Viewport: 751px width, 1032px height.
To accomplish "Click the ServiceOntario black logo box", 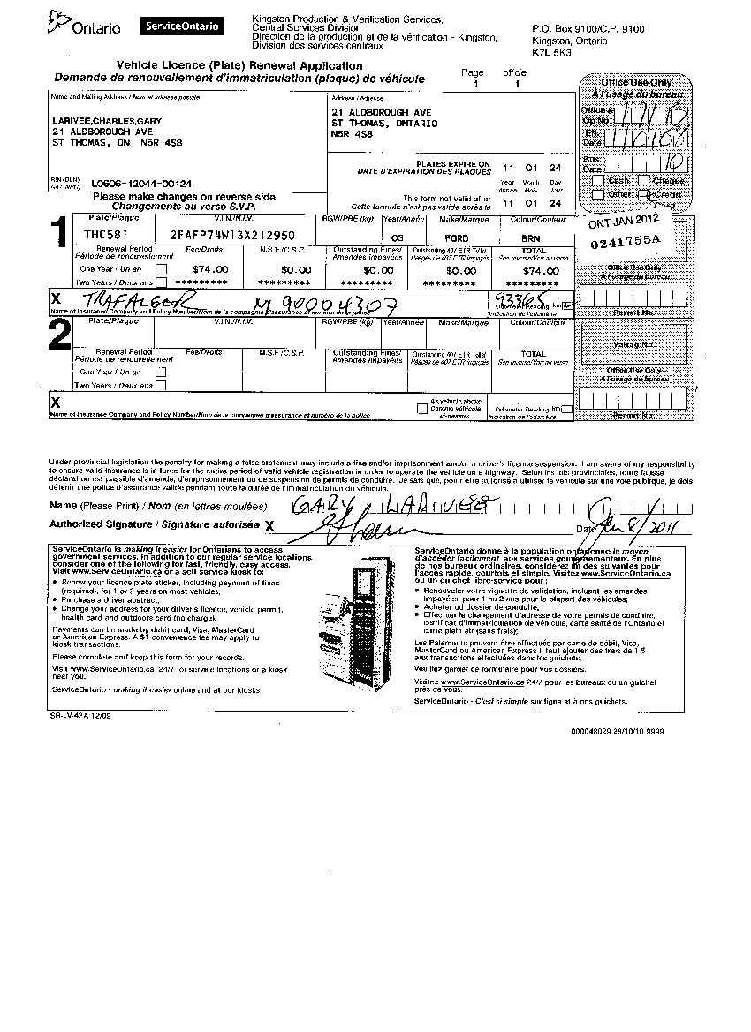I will [x=181, y=26].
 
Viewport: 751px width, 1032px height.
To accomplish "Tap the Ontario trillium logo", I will [x=59, y=21].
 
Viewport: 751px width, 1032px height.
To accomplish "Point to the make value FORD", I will [x=456, y=237].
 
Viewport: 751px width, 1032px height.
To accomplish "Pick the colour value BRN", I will [x=530, y=237].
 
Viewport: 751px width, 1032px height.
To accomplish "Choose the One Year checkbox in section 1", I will [x=160, y=268].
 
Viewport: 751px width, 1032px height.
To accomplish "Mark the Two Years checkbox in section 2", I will [x=160, y=385].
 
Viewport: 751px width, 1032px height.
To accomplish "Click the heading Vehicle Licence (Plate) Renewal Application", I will [x=239, y=66].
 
